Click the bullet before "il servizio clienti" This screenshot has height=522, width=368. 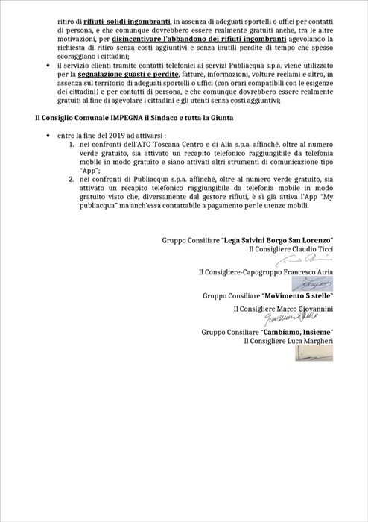(x=47, y=67)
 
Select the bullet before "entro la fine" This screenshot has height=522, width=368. (x=47, y=136)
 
